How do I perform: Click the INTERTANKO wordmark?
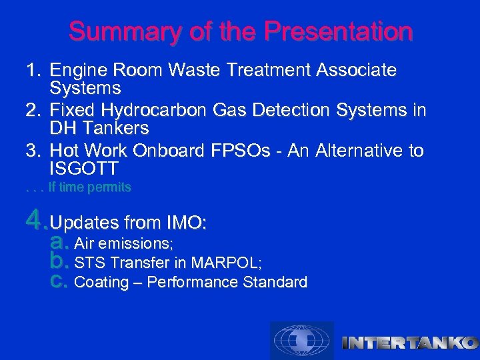(409, 343)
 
